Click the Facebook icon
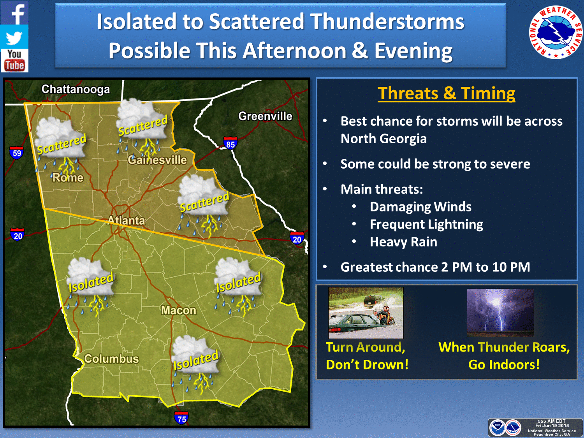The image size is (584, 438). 14,12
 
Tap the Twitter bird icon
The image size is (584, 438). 14,37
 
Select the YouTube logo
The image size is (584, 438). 14,61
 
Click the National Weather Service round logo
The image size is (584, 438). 556,32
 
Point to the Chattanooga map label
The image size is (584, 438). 76,90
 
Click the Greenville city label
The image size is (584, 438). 265,116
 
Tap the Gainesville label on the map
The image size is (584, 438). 157,160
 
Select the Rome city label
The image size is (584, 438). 68,178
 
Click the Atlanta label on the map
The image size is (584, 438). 127,220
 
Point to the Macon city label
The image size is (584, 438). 179,310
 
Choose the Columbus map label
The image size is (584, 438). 111,359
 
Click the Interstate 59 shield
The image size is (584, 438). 16,153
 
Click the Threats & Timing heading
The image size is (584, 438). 447,93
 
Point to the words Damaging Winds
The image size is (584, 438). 420,207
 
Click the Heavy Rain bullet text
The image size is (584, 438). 403,242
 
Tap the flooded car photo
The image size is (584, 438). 366,313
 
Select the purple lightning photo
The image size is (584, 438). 500,313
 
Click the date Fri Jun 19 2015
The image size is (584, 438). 552,426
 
